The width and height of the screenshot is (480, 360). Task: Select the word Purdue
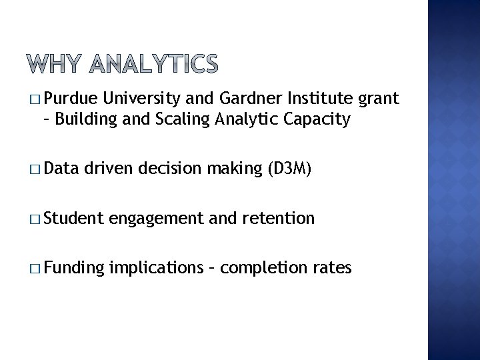pos(73,100)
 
